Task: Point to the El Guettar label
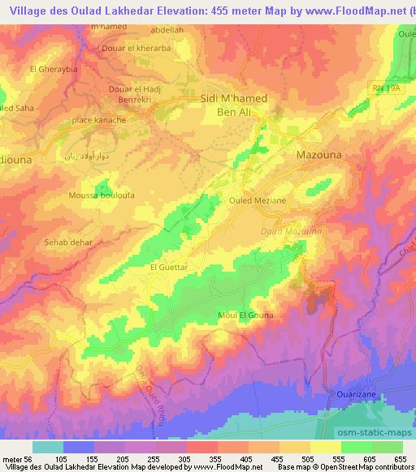point(169,265)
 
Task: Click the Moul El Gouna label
point(246,314)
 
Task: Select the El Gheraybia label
point(53,69)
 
